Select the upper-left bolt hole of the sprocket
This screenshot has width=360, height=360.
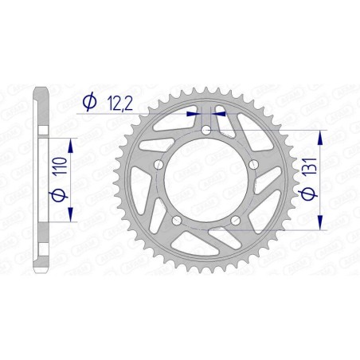(x=158, y=165)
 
